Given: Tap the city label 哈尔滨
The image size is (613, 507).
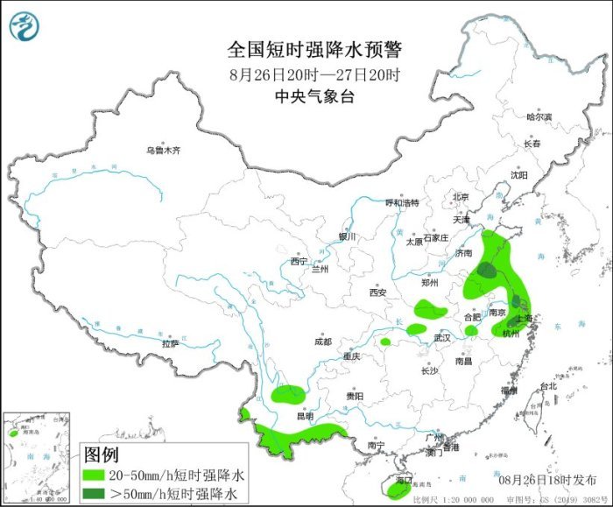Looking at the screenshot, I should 539,116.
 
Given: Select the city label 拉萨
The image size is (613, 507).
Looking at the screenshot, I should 170,344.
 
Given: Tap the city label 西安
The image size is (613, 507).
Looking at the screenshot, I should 378,292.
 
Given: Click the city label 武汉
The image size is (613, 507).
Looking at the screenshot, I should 441,338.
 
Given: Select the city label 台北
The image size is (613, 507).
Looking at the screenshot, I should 548,386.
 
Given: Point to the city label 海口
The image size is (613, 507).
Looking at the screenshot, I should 404,481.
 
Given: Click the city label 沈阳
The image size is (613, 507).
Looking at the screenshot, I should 520,175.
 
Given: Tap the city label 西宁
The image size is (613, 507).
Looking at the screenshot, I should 299,261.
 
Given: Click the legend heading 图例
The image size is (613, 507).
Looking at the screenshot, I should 102,455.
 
